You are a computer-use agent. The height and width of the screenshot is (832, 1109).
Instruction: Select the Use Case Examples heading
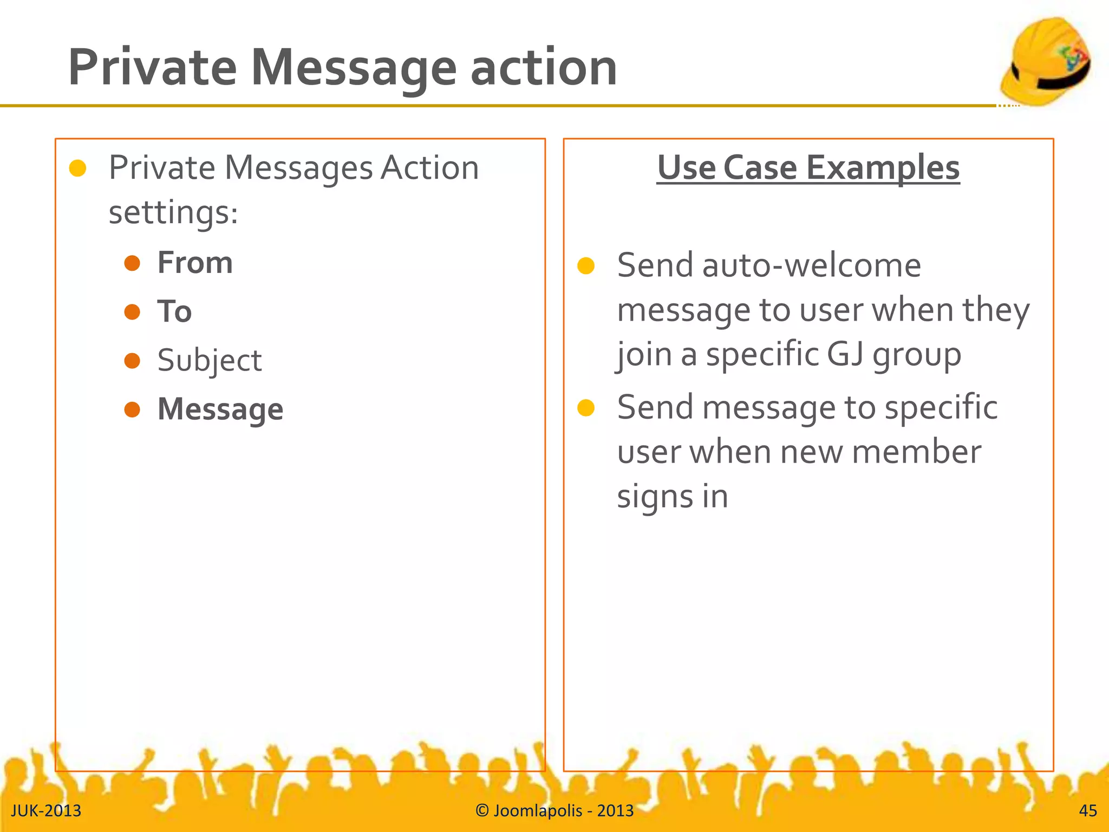[x=808, y=167]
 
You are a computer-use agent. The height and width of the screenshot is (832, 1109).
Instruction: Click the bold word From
[x=195, y=263]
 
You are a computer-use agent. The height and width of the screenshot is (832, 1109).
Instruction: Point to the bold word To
[x=174, y=311]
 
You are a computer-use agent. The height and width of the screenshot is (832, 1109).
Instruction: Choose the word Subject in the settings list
[x=210, y=360]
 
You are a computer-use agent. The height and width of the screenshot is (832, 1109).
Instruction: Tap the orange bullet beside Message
[x=132, y=409]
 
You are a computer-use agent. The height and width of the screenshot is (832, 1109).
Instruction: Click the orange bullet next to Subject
[x=132, y=360]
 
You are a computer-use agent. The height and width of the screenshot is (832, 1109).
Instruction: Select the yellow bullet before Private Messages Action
[x=78, y=168]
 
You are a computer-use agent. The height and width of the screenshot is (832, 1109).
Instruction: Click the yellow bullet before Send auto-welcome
[x=586, y=265]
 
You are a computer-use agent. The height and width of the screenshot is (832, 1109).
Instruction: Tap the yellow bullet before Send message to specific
[x=586, y=407]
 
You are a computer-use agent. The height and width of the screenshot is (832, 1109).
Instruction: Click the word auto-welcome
[x=811, y=265]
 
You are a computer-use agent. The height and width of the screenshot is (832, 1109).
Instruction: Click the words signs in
[x=672, y=496]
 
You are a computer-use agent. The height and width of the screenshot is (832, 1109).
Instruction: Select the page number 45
[x=1088, y=810]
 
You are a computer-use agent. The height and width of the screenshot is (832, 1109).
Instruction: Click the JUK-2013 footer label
[x=46, y=810]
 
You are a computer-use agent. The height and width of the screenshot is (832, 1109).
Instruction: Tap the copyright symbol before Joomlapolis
[x=482, y=810]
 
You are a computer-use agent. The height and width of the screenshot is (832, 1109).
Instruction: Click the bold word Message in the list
[x=220, y=409]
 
